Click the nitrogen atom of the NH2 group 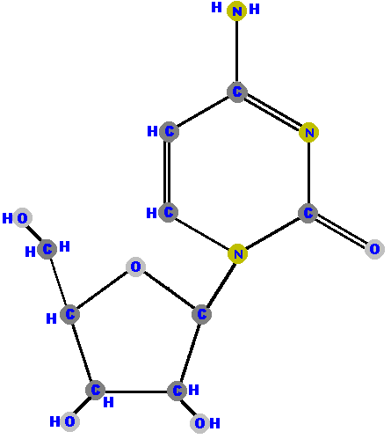236,11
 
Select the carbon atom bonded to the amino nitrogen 237,92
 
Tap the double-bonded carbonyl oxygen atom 374,249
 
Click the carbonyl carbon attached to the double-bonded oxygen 308,213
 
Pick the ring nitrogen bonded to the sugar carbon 237,253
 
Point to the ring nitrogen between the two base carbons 309,133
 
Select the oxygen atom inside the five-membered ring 135,267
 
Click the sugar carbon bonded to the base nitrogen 201,314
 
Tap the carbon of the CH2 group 47,249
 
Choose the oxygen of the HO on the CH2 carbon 22,218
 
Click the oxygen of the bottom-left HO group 69,421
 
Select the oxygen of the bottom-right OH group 199,423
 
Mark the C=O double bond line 341,230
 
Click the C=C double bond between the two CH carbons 167,172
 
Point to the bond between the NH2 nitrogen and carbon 236,51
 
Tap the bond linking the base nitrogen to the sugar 221,283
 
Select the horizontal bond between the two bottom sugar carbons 136,391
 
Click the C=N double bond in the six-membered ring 273,112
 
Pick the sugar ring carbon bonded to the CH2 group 69,314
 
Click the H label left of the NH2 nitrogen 216,7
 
